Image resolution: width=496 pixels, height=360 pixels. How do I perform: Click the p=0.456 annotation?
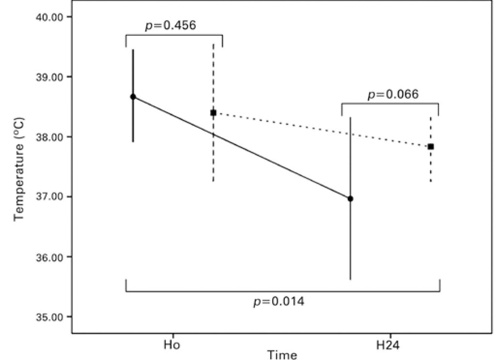170,26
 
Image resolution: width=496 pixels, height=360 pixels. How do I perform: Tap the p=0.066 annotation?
392,94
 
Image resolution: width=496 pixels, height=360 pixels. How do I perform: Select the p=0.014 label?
279,302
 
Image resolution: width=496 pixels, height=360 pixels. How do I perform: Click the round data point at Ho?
133,97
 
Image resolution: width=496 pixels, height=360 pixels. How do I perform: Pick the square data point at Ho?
213,112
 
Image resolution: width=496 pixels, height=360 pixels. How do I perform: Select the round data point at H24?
350,199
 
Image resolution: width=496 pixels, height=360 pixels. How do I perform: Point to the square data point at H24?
431,146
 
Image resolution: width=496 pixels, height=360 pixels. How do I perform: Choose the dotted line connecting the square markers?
320,129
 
